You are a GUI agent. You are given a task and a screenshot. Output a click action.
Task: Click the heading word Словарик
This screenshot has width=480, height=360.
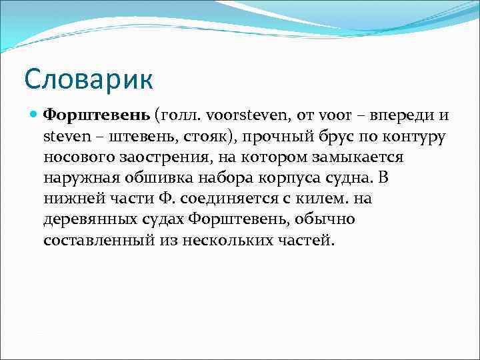click(89, 79)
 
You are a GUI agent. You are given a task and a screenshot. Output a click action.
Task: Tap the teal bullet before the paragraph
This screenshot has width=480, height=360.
click(34, 115)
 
